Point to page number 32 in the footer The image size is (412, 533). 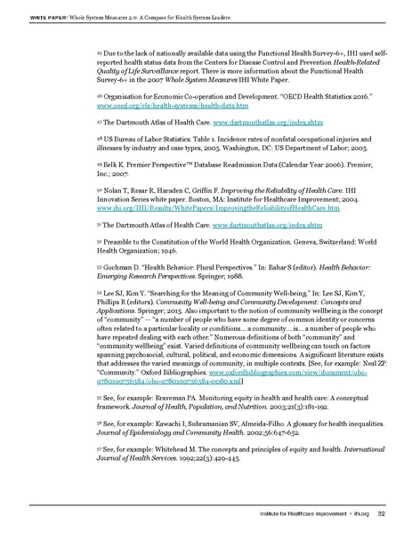380,513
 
